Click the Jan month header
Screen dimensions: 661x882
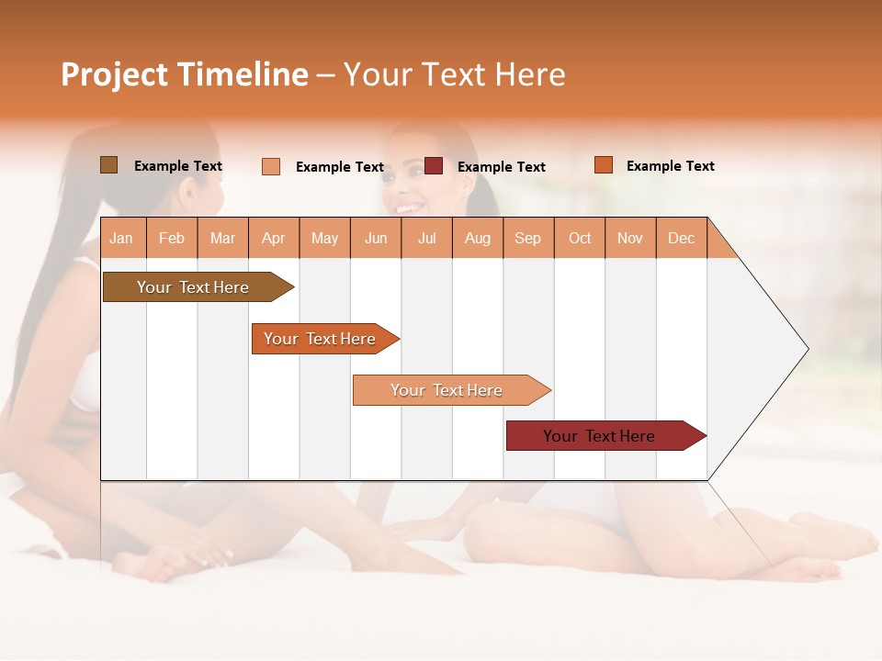click(x=121, y=238)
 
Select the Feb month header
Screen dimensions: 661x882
click(x=172, y=238)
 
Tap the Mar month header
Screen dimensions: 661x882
click(x=222, y=238)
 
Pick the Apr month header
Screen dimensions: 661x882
click(x=273, y=238)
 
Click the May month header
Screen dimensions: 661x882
click(x=324, y=238)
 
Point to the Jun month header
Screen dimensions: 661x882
click(x=376, y=238)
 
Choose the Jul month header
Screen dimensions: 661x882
click(x=426, y=238)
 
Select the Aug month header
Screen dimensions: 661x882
click(x=477, y=238)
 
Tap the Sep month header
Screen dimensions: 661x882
click(x=527, y=238)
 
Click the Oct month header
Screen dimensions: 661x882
click(x=580, y=238)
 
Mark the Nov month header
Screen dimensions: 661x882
click(x=630, y=238)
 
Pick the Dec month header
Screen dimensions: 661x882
click(x=681, y=238)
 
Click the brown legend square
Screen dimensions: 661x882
click(x=108, y=165)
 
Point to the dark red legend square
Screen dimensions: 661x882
click(x=434, y=166)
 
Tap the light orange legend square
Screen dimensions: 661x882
click(x=271, y=166)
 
